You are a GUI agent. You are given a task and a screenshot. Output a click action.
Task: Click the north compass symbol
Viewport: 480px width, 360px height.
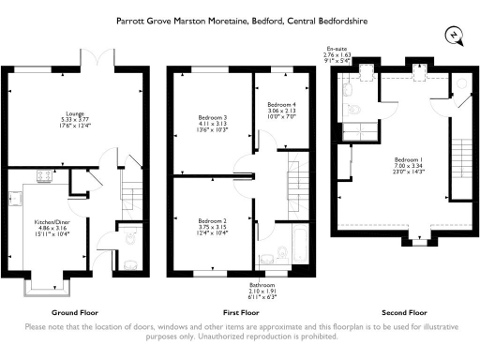click(x=455, y=37)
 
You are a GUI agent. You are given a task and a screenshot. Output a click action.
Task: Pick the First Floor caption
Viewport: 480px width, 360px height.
click(x=240, y=310)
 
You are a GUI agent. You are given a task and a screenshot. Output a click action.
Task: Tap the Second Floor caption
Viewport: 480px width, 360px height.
click(x=405, y=310)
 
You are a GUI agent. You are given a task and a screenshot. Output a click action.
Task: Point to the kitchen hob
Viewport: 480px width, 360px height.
click(x=43, y=175)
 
